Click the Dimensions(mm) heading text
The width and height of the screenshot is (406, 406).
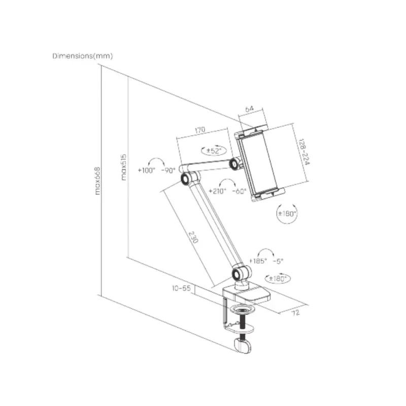(83, 56)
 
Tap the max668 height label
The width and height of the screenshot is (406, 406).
(97, 181)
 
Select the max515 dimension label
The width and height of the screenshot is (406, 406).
(124, 167)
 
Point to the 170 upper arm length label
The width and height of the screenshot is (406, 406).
(200, 130)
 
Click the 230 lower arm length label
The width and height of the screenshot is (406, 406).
(193, 238)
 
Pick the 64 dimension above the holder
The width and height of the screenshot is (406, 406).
(249, 109)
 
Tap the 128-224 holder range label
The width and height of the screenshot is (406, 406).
(304, 152)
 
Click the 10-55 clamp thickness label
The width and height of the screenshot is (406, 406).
(181, 288)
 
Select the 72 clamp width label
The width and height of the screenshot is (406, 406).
(296, 313)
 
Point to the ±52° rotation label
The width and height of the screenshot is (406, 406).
(214, 151)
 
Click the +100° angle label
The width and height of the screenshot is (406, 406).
(146, 170)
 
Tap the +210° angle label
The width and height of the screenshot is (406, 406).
(218, 191)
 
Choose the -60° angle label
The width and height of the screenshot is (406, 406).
(240, 191)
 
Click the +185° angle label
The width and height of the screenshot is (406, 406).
(258, 261)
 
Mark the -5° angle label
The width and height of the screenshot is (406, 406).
(278, 261)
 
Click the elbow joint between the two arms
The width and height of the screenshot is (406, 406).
(186, 179)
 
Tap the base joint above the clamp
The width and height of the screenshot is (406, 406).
(238, 274)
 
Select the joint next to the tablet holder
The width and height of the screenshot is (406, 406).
(235, 163)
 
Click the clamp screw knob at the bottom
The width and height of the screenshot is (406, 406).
(243, 346)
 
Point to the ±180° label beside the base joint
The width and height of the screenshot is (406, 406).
(278, 279)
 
